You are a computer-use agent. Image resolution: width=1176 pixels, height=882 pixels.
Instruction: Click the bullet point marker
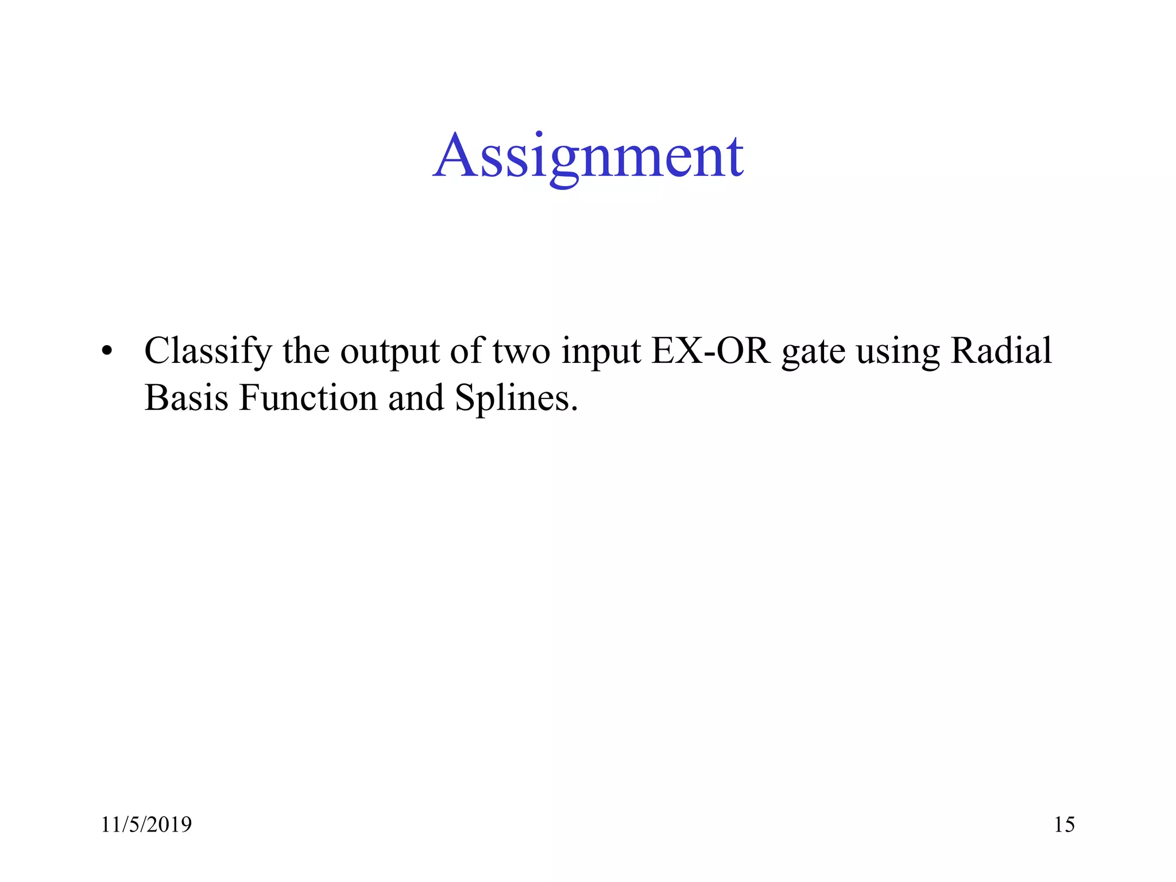[107, 351]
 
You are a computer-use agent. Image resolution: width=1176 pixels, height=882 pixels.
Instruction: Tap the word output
[390, 351]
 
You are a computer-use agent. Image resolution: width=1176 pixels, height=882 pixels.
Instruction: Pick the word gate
[813, 351]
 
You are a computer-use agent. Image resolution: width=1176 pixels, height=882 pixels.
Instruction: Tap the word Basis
[186, 397]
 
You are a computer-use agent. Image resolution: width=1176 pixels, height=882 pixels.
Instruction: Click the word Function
[308, 397]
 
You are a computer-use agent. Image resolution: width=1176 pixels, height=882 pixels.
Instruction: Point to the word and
[416, 397]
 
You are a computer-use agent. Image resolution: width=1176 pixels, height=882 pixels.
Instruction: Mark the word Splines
[512, 397]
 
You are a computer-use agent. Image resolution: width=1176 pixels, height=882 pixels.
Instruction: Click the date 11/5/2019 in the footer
[146, 825]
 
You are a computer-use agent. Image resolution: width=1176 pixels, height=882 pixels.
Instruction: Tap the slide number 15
[1064, 825]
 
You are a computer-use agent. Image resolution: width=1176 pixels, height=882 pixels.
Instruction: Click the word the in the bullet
[306, 351]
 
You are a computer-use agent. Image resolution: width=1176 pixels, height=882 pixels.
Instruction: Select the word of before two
[467, 351]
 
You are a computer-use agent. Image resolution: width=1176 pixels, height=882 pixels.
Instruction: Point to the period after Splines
[574, 409]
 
